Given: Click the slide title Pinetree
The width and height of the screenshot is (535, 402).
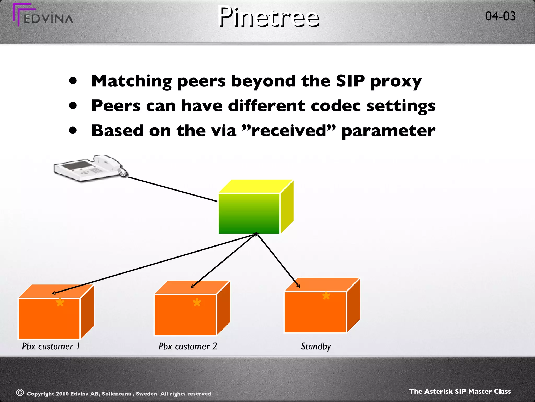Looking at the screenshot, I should tap(269, 17).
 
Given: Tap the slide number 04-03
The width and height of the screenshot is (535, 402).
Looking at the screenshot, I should tap(500, 16).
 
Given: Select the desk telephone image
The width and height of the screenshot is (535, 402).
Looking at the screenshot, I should tap(90, 168).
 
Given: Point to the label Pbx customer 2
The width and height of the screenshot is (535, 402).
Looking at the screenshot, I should tap(188, 346).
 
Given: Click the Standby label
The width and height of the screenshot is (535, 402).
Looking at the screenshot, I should tap(316, 346).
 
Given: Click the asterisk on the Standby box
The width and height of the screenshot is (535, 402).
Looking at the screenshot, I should tap(326, 296).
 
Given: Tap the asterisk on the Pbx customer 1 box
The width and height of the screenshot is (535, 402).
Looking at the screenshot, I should tap(60, 303).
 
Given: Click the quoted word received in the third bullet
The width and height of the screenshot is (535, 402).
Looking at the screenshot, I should tap(289, 131).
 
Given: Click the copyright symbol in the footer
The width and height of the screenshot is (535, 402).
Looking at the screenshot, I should tap(20, 393).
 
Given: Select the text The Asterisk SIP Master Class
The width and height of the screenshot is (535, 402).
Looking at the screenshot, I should tap(460, 392).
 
